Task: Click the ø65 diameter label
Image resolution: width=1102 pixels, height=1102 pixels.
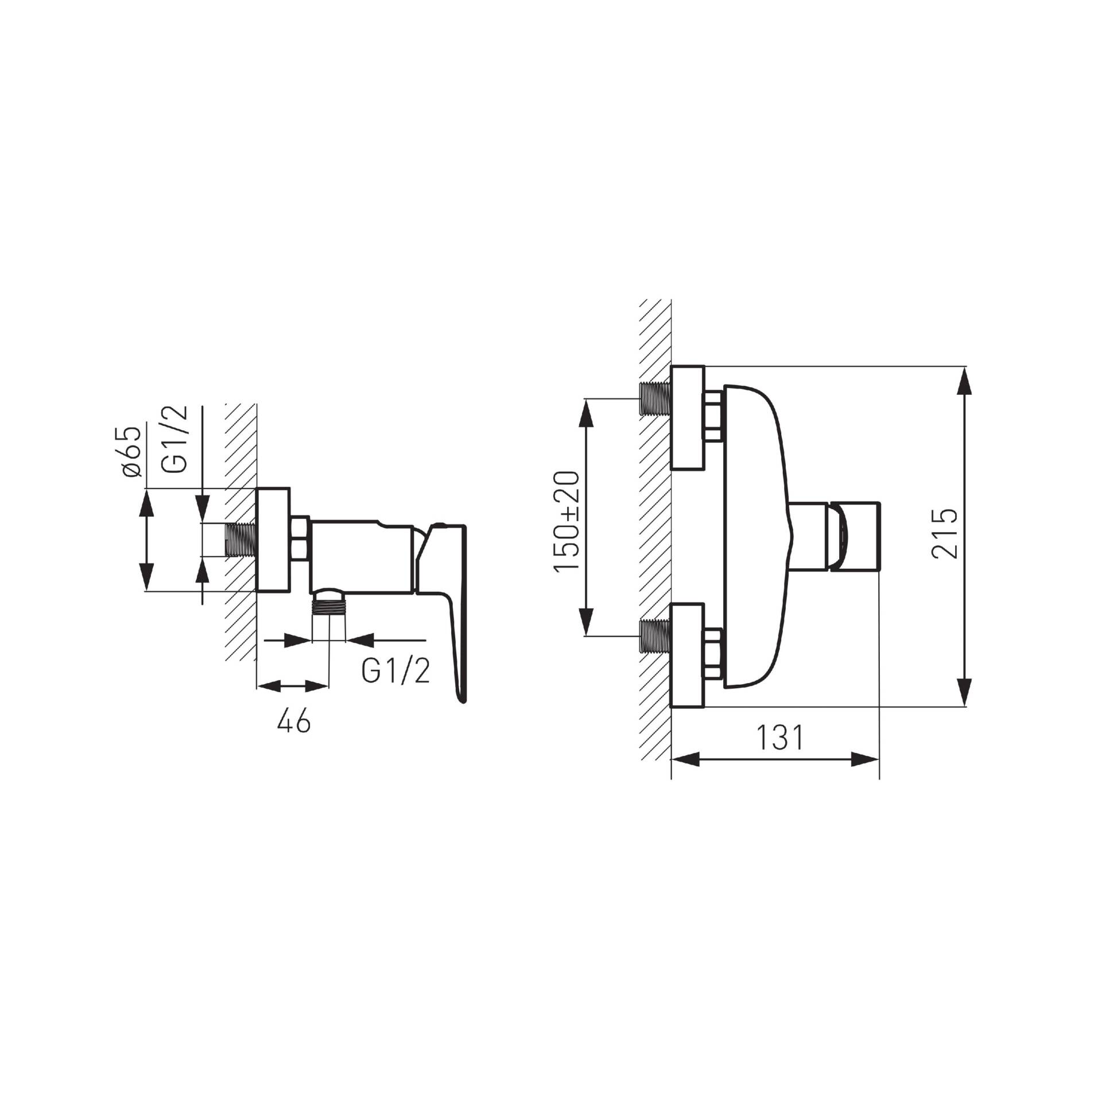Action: [x=131, y=451]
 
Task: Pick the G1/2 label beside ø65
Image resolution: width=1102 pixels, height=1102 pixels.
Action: [x=176, y=439]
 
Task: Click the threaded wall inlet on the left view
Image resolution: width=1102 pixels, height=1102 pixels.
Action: [x=240, y=540]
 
